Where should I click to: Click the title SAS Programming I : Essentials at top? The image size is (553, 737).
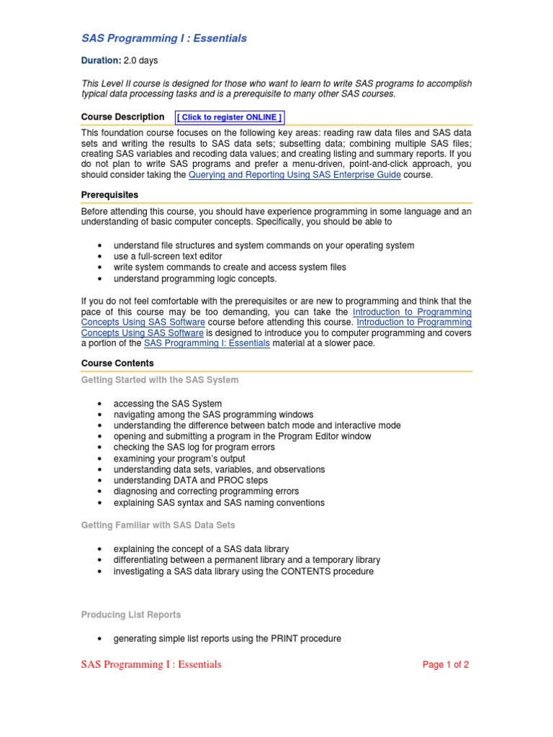coord(163,38)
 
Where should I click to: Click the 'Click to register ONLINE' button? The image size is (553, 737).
coord(230,117)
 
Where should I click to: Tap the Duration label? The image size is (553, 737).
coord(101,60)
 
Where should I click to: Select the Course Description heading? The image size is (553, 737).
coord(122,117)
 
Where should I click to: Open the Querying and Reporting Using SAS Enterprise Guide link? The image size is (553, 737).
coord(295,175)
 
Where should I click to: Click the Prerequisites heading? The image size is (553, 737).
coord(109,195)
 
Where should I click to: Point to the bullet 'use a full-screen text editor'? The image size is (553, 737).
coord(168,256)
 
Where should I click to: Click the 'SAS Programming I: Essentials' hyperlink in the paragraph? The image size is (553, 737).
coord(207,343)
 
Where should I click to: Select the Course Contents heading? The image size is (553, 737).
coord(117,363)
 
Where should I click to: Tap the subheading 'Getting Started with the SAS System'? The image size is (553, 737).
coord(160,379)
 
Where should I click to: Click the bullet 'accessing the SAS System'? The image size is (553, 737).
coord(168,404)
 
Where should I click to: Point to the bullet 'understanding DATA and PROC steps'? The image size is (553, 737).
coord(191,480)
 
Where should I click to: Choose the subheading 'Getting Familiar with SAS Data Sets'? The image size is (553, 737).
coord(158,525)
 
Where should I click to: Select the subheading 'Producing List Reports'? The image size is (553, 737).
coord(131,615)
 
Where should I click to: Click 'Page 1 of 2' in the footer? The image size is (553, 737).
coord(446,665)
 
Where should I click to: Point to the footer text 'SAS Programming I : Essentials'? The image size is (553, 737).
coord(151,664)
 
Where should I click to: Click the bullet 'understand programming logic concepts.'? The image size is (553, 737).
coord(195,279)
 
